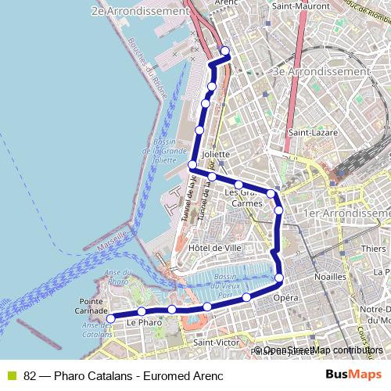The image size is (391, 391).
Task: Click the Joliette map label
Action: point(217,154)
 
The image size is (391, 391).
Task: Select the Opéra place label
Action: point(286,298)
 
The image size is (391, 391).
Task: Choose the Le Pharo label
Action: point(143,321)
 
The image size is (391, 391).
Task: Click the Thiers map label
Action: point(374,249)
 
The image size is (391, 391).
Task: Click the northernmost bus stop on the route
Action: point(225,52)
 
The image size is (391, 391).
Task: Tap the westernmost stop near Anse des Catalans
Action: point(110,317)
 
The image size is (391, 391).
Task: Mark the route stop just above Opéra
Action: point(280,278)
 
